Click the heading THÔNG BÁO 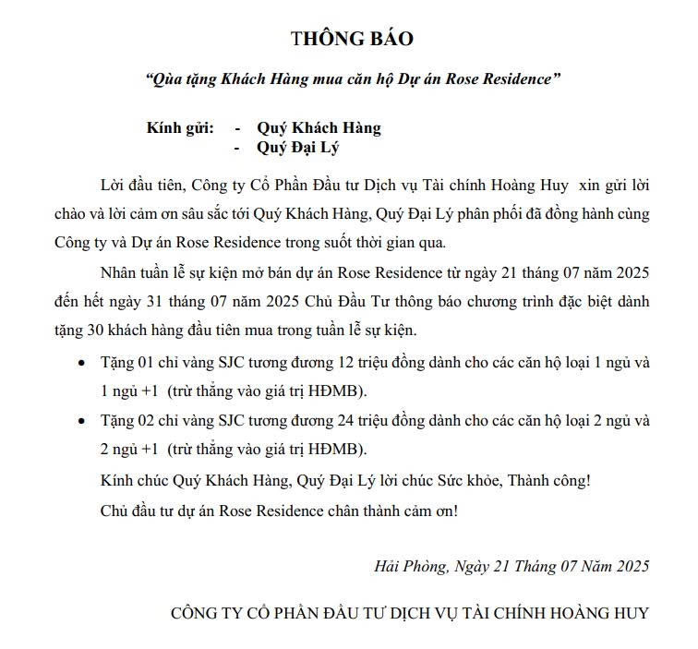click(x=352, y=39)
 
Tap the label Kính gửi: click(x=180, y=127)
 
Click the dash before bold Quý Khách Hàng click(x=238, y=127)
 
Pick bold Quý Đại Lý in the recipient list click(x=300, y=147)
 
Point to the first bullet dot click(x=81, y=363)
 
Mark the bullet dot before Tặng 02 click(x=81, y=421)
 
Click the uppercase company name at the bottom click(x=410, y=612)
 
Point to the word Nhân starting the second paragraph click(x=117, y=273)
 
